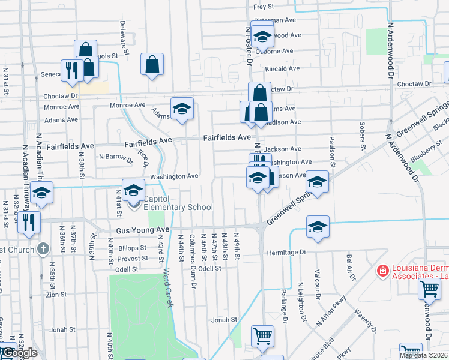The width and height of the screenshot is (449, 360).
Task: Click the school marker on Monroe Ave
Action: pyautogui.click(x=182, y=109)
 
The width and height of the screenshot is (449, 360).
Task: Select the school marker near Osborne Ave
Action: pyautogui.click(x=262, y=37)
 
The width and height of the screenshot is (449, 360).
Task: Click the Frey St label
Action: pyautogui.click(x=264, y=7)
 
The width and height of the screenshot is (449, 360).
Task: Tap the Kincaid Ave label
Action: pyautogui.click(x=282, y=69)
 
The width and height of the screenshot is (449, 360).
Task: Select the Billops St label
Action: pyautogui.click(x=132, y=247)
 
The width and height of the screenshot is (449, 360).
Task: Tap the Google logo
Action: pyautogui.click(x=19, y=353)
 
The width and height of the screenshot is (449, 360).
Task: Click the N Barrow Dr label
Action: pyautogui.click(x=116, y=157)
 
